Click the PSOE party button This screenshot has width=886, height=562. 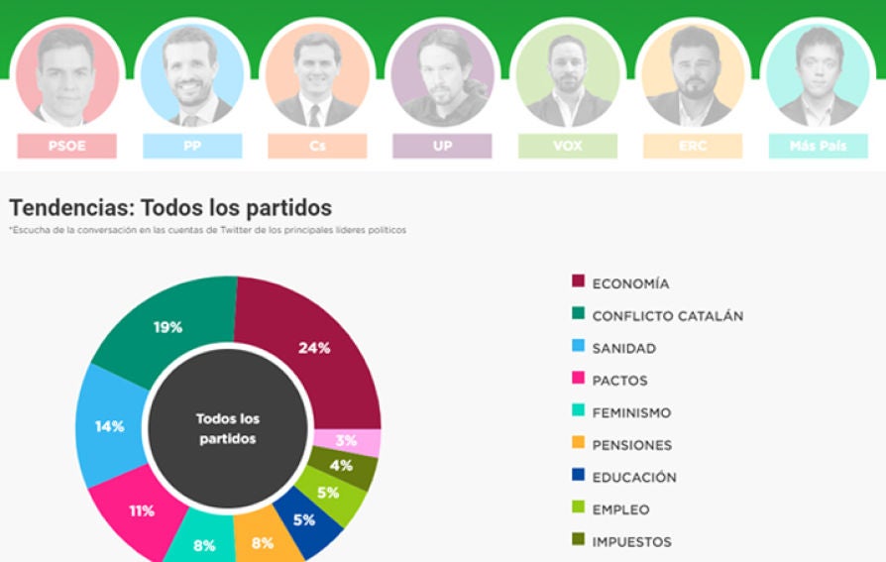(x=66, y=146)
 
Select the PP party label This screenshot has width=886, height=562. (x=192, y=146)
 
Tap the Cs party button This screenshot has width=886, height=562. (x=317, y=146)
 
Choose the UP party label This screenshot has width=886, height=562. (x=442, y=146)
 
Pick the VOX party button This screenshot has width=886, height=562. (x=567, y=146)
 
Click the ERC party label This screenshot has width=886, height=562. (x=693, y=146)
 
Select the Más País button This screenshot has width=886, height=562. (x=818, y=146)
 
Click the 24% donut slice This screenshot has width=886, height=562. (x=315, y=347)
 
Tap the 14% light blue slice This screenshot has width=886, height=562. (x=109, y=426)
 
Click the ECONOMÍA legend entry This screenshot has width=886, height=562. (x=630, y=283)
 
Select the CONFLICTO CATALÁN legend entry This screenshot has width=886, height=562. (x=667, y=316)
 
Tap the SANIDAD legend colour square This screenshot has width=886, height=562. (x=579, y=348)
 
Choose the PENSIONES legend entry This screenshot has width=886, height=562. (x=631, y=445)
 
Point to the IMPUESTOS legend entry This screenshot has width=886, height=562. (x=631, y=541)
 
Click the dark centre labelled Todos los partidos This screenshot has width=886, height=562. (x=228, y=429)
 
